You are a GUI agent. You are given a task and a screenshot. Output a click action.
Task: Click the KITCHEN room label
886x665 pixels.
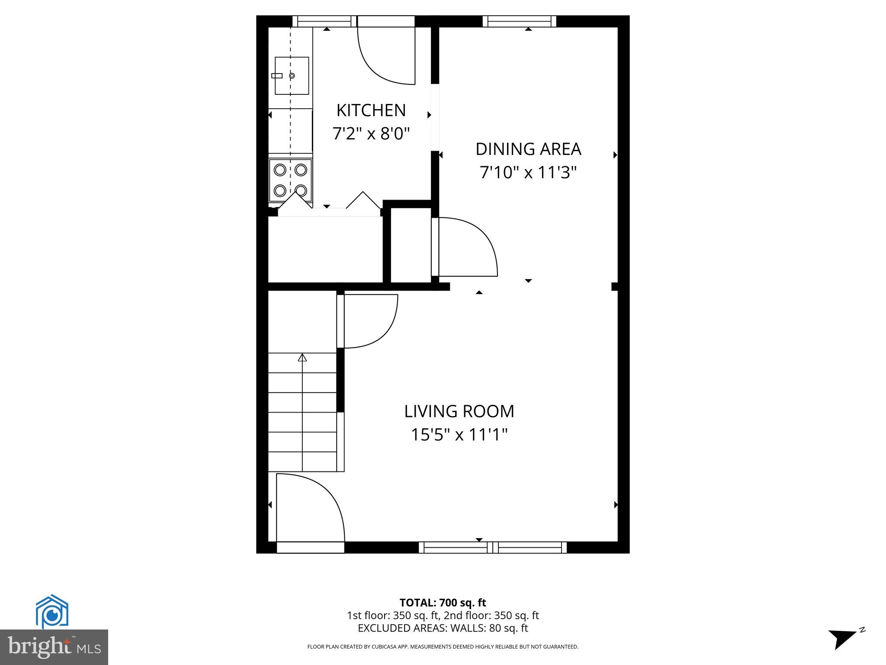(371, 110)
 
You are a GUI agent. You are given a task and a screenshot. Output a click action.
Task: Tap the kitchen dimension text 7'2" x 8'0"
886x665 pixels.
(371, 133)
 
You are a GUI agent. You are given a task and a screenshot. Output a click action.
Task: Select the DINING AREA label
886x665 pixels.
(528, 149)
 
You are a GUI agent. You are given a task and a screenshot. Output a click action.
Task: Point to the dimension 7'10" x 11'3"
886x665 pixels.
(528, 173)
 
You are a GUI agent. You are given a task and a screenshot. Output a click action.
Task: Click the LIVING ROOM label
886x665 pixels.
(459, 411)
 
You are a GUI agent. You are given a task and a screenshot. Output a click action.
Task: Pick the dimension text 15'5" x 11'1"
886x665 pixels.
(459, 435)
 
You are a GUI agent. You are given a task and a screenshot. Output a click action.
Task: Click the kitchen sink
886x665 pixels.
(292, 76)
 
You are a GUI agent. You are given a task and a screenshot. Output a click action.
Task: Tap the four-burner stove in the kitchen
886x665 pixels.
(290, 180)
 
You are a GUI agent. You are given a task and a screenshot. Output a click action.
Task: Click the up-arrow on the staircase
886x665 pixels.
(302, 358)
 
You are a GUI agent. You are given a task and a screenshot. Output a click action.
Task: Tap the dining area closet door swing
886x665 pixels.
(465, 247)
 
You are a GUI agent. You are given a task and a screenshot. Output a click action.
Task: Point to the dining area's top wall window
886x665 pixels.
(519, 21)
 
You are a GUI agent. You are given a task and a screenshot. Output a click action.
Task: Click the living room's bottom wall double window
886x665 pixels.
(493, 547)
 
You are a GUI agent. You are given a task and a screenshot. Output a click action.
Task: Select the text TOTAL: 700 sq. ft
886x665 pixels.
(443, 603)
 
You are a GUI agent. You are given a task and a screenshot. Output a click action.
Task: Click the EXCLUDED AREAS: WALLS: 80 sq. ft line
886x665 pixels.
(443, 628)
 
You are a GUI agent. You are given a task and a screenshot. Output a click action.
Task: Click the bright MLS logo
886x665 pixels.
(54, 647)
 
